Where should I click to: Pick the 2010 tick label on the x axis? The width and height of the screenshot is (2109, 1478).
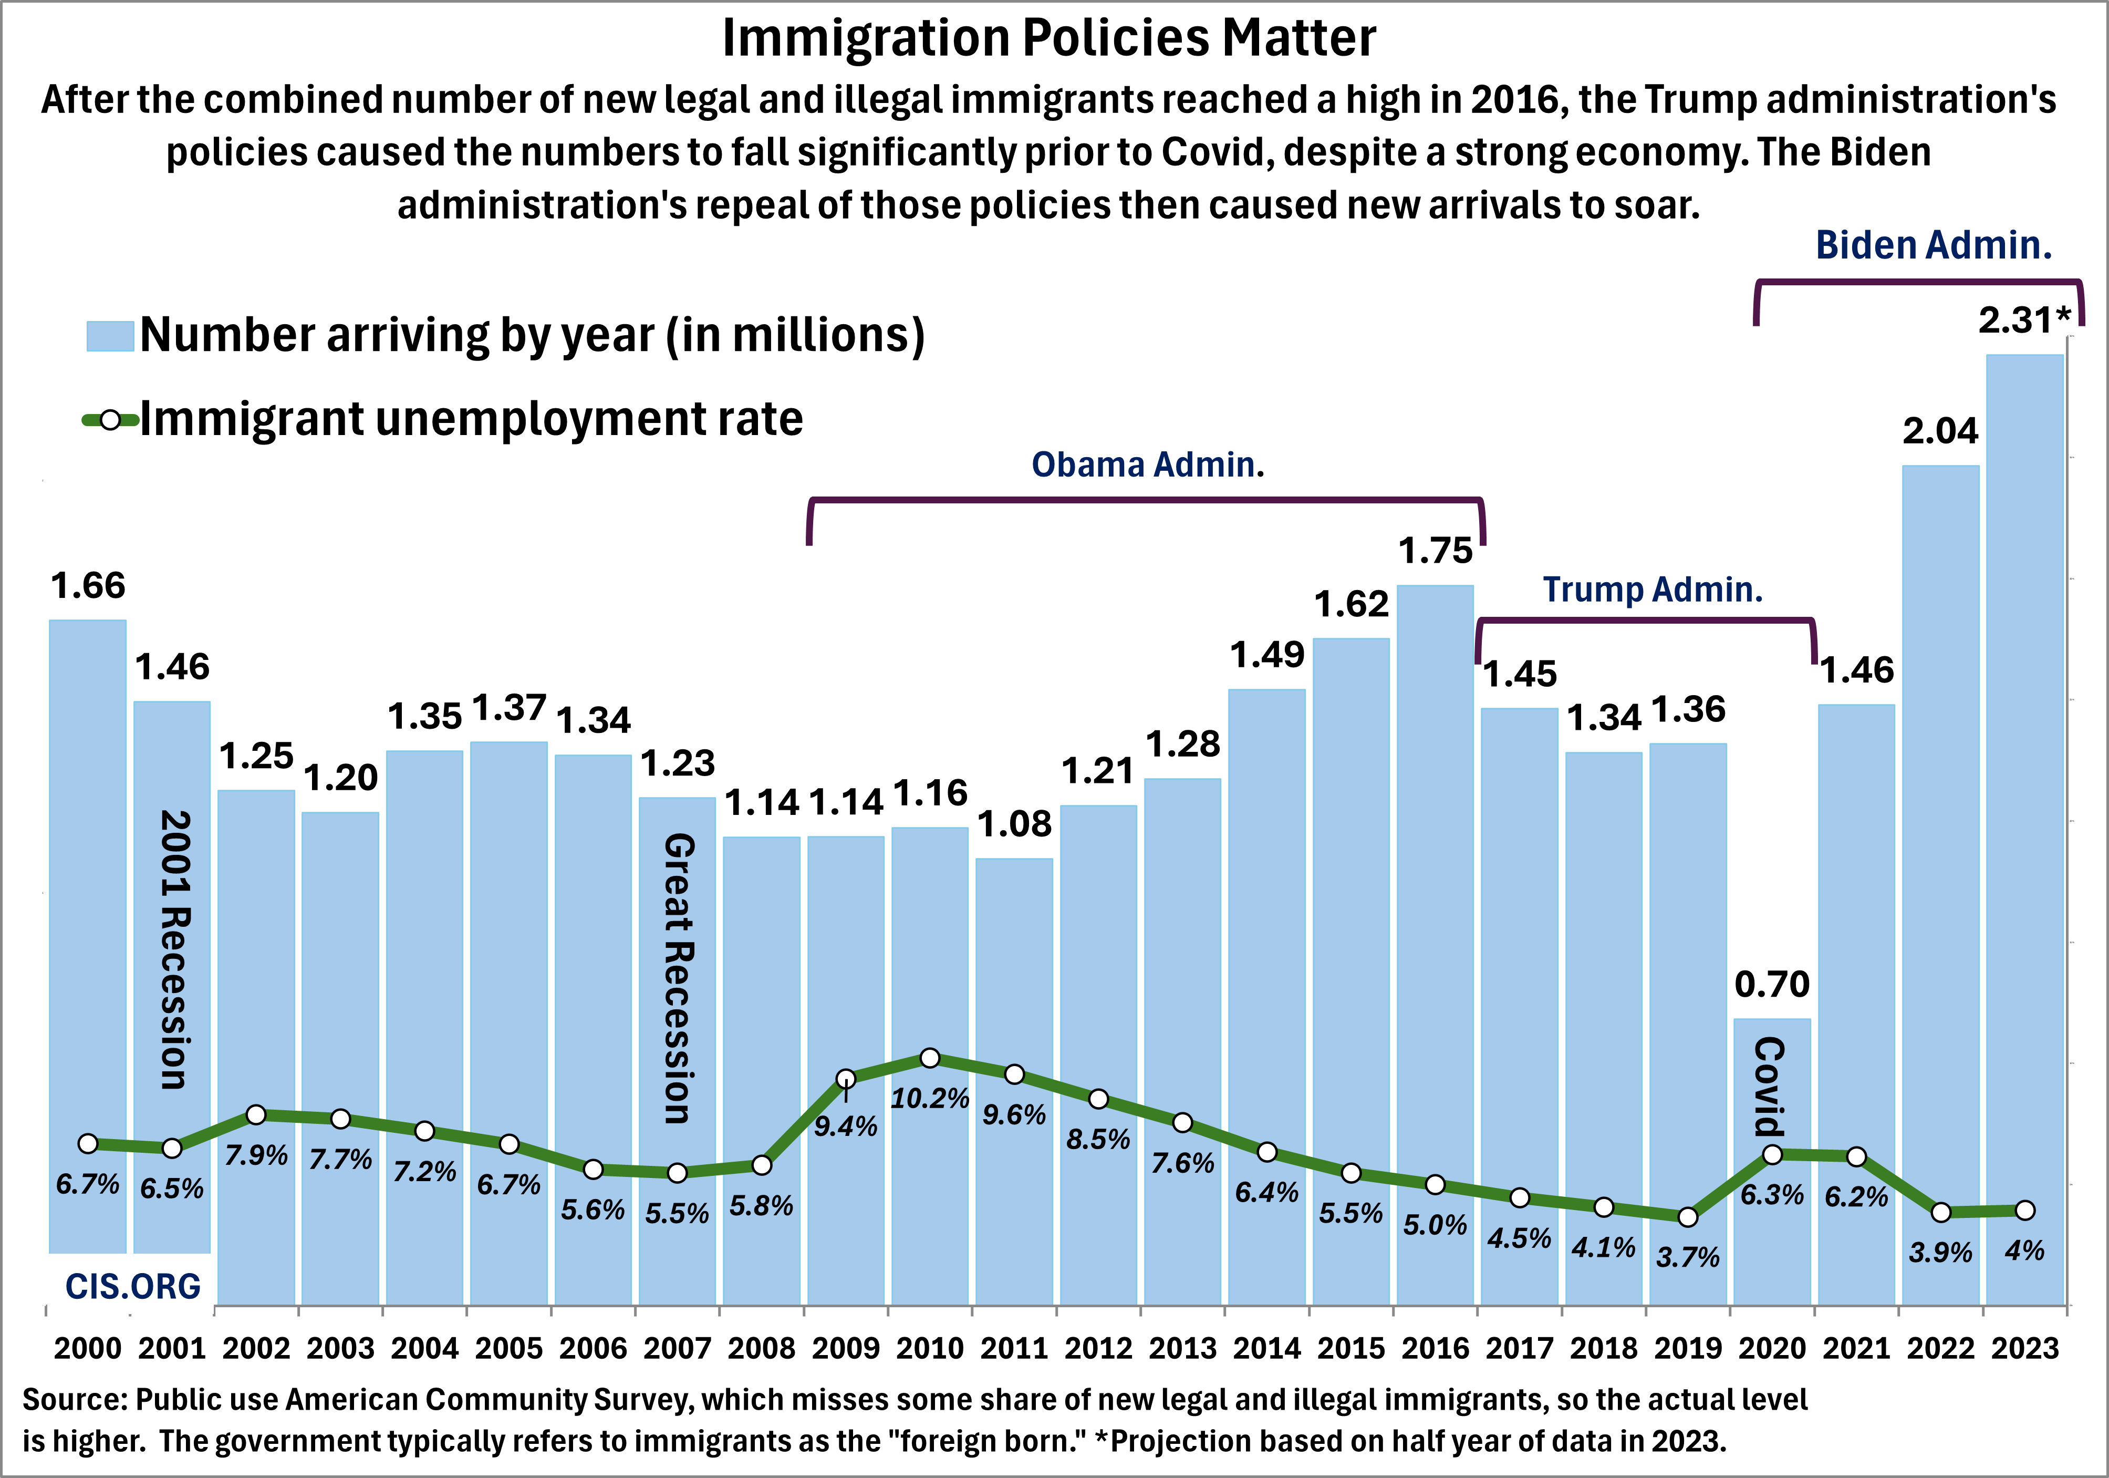[930, 1348]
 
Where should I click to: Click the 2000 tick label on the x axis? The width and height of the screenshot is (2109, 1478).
[87, 1348]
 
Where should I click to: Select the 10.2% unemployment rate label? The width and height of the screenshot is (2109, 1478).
[930, 1099]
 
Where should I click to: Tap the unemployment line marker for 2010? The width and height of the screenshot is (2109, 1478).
[930, 1058]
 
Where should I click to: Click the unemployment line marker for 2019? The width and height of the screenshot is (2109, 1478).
[1687, 1217]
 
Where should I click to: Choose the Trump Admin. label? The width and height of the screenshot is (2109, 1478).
[1653, 590]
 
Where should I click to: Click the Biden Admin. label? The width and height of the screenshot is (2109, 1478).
[1934, 245]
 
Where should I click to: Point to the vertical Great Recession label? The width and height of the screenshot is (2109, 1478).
[678, 978]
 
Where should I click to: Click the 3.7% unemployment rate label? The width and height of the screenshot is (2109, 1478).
[1687, 1257]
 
